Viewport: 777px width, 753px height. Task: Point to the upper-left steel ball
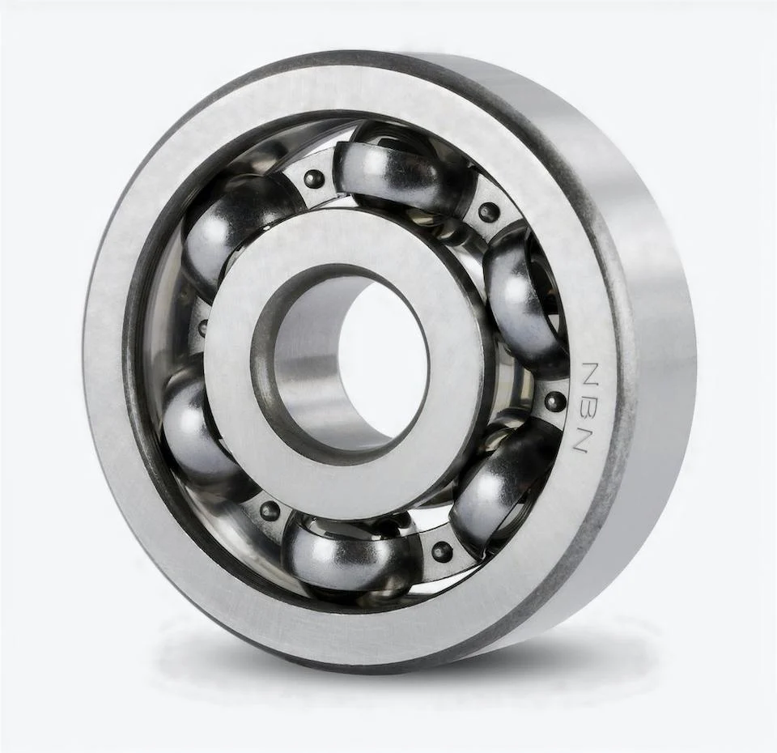point(223,235)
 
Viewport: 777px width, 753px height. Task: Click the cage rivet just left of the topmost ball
point(314,179)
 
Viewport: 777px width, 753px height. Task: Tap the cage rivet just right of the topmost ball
point(488,212)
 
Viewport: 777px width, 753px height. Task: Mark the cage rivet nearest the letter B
point(554,401)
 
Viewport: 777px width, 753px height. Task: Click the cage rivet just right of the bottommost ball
point(442,551)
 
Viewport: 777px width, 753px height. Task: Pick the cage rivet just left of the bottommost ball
point(269,511)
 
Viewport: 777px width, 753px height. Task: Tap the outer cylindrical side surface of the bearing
point(647,324)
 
